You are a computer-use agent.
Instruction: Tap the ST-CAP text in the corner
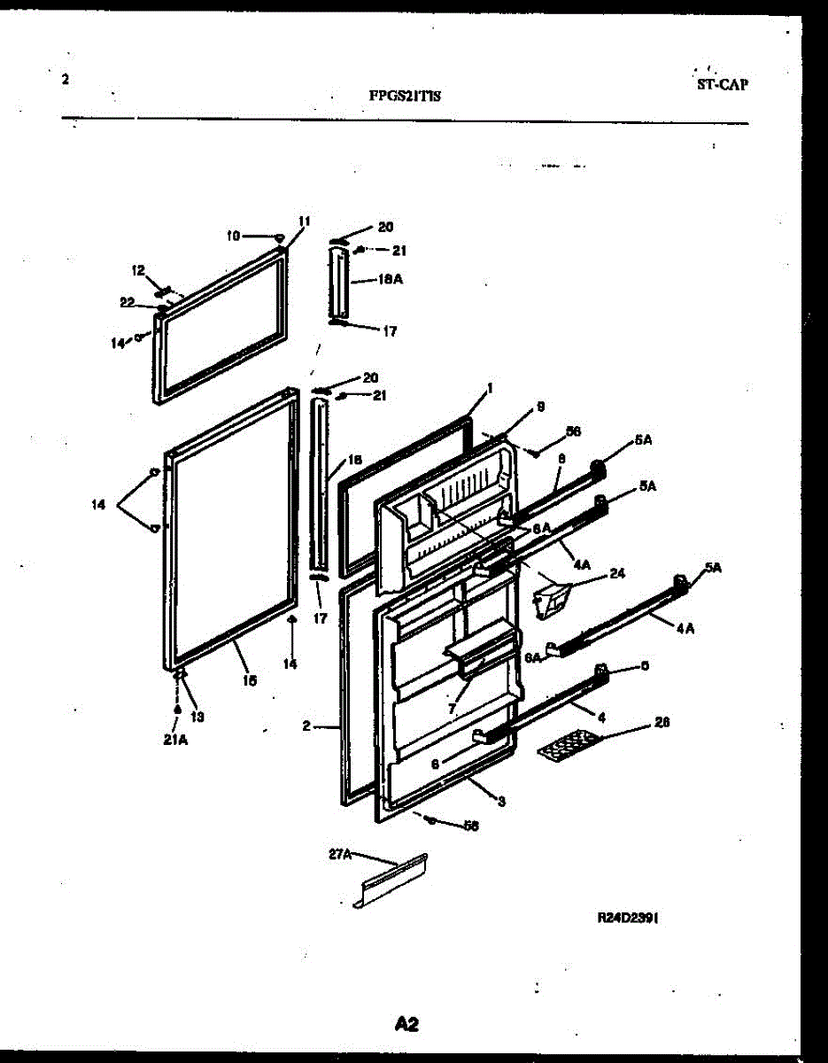(722, 85)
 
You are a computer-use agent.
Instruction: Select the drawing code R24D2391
(628, 919)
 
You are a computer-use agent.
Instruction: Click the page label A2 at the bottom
(406, 1024)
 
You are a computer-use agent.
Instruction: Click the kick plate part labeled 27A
(390, 881)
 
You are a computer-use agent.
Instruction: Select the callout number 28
(662, 722)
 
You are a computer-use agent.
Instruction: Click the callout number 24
(617, 573)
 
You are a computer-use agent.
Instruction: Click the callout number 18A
(391, 278)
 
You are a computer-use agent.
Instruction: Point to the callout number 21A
(175, 741)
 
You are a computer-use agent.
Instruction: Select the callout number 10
(233, 236)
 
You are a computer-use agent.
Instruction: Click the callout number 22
(128, 302)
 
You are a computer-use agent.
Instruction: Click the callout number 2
(306, 725)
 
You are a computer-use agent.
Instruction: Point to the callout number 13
(197, 717)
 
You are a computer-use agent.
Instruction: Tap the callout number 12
(138, 269)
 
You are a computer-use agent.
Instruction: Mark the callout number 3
(501, 803)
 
